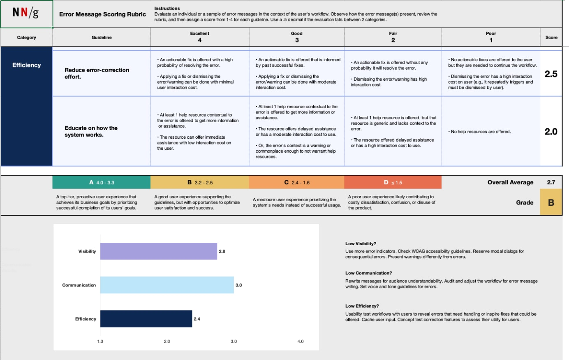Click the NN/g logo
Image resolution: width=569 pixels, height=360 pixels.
(x=26, y=13)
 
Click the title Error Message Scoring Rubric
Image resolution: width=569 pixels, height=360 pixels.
(x=102, y=14)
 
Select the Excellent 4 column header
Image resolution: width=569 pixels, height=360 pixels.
(x=200, y=37)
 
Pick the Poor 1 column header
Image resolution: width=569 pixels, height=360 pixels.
(x=491, y=37)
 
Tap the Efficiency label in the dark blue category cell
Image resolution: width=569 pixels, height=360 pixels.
(x=27, y=65)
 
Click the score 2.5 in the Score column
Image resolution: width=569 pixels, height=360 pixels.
(x=551, y=74)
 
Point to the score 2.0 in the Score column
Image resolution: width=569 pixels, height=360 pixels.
(x=551, y=132)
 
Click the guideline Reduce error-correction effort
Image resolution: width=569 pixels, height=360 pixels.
(x=97, y=73)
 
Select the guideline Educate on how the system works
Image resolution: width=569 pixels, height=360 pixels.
(x=91, y=131)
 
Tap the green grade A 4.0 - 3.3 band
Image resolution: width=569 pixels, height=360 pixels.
(x=102, y=182)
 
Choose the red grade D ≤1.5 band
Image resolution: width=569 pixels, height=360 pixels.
(x=393, y=182)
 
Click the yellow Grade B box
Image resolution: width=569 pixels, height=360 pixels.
(x=551, y=202)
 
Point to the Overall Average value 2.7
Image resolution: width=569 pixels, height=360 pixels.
(x=551, y=182)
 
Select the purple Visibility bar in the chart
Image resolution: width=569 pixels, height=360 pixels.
(x=158, y=251)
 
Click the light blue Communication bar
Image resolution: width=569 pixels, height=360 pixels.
(x=167, y=285)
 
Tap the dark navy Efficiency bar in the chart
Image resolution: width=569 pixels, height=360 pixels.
(x=146, y=319)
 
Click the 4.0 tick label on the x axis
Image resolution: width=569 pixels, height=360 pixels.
(x=301, y=341)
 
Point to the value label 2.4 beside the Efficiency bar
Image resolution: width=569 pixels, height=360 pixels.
(x=197, y=319)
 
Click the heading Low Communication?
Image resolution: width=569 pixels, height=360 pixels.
(x=368, y=273)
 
